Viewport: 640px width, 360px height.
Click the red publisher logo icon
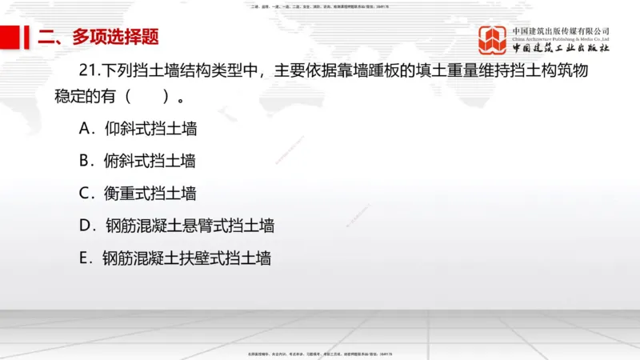click(493, 40)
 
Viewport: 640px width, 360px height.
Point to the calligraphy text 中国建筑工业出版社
click(561, 48)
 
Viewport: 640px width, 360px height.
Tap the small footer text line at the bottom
click(320, 353)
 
